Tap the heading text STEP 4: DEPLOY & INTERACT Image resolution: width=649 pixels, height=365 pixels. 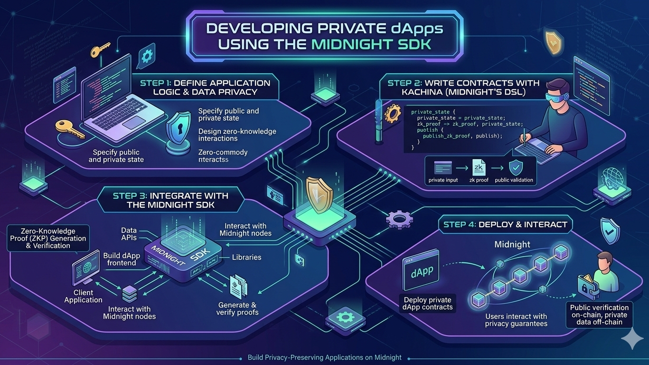[505, 224]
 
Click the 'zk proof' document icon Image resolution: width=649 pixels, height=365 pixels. [479, 168]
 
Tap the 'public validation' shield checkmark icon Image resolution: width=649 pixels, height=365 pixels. [515, 168]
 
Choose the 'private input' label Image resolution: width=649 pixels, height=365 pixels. [443, 180]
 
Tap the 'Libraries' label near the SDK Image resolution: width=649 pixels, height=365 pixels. [246, 257]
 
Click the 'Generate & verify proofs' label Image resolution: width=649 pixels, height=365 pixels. [237, 308]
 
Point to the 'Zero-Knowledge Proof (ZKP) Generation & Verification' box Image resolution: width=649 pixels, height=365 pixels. [48, 238]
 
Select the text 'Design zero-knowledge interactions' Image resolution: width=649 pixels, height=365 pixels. [237, 134]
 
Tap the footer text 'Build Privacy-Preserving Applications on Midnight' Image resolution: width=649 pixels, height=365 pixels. [325, 357]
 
